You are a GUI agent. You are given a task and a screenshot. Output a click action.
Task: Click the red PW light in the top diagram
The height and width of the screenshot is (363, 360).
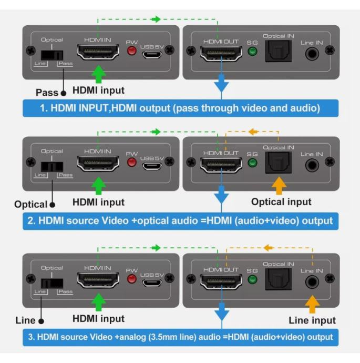(132, 51)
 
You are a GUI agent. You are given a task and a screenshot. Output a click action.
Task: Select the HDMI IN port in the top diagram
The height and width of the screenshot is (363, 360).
(98, 52)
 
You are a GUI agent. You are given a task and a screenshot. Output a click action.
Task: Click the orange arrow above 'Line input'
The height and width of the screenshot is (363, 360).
(312, 304)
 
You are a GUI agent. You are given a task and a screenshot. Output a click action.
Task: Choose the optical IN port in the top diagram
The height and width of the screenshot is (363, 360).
(279, 52)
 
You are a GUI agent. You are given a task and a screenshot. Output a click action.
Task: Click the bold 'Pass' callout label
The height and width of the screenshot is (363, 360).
(47, 93)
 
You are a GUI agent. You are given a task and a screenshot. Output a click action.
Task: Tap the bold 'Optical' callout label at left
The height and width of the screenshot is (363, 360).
(31, 204)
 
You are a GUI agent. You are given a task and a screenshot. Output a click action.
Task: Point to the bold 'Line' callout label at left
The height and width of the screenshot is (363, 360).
(25, 320)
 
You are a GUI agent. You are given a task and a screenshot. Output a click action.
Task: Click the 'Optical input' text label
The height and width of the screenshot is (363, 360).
(281, 202)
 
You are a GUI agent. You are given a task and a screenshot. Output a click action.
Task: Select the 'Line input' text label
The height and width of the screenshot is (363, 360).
(312, 320)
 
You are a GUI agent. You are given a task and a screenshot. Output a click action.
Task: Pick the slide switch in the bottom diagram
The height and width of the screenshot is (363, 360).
(50, 283)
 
